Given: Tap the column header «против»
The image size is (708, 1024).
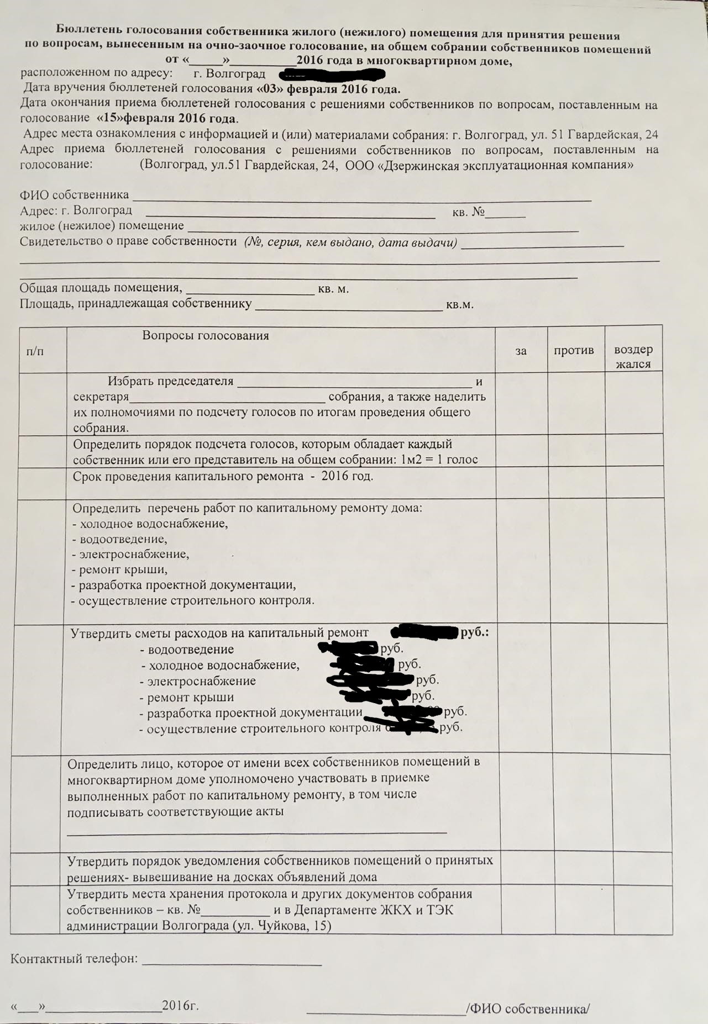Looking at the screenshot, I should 574,350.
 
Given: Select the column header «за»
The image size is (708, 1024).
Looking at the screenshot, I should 521,351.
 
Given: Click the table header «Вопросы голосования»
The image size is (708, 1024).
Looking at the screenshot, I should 206,336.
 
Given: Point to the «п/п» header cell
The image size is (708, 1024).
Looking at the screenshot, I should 35,351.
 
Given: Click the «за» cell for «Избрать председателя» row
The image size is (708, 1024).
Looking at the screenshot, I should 521,404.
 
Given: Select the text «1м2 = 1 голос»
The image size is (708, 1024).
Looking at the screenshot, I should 439,460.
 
